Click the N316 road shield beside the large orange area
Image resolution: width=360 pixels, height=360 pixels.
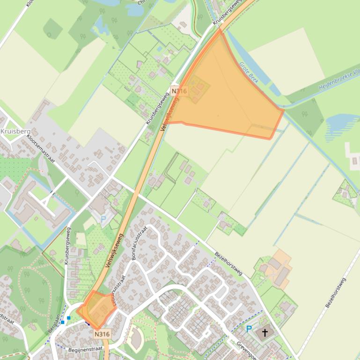point(179,91)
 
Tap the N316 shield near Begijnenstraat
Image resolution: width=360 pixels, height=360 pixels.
point(102,334)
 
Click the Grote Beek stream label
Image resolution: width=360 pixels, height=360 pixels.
point(249,72)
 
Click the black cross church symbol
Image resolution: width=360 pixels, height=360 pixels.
point(265,333)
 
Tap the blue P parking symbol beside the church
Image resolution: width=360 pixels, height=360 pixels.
point(249,329)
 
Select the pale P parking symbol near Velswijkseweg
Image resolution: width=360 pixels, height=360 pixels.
point(103,218)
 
